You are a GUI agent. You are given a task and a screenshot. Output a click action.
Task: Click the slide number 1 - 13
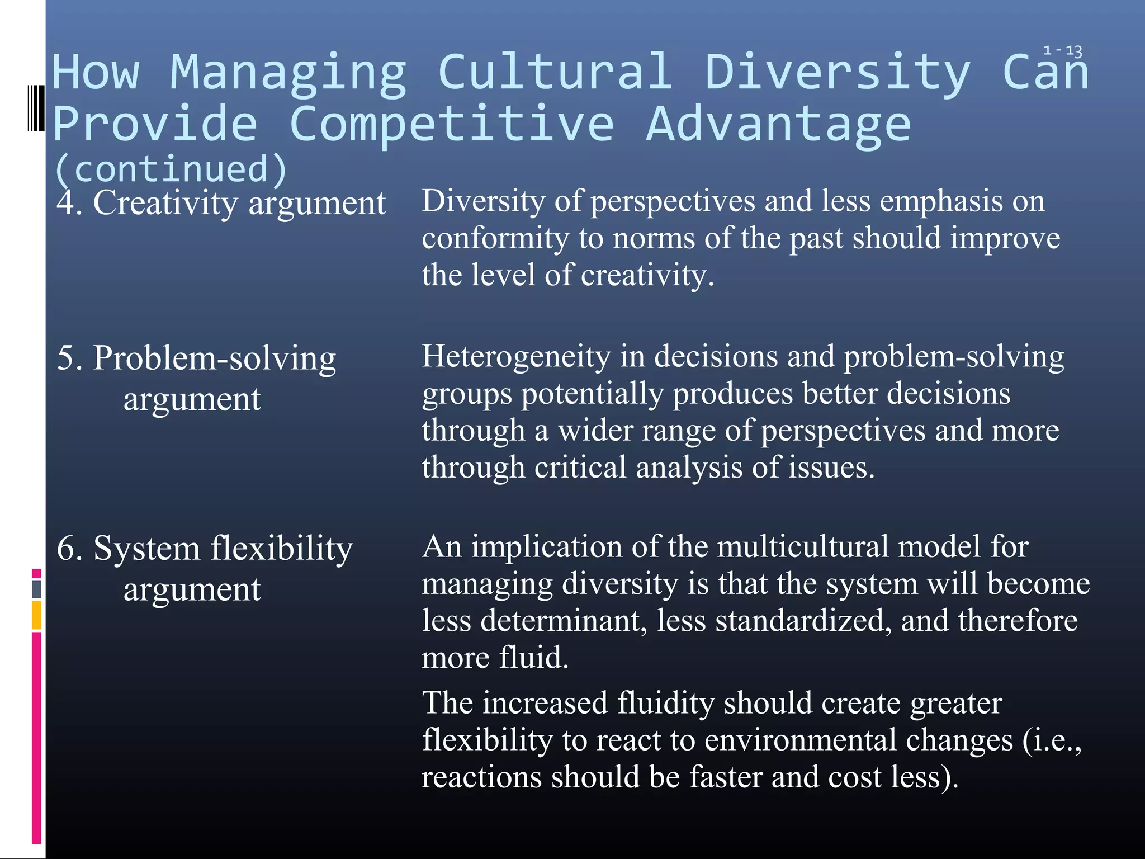coord(1062,51)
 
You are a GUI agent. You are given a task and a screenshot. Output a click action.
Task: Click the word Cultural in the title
coord(555,73)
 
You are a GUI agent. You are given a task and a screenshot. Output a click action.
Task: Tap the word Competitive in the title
coord(452,124)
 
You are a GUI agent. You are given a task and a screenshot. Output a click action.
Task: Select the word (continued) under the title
coord(171,169)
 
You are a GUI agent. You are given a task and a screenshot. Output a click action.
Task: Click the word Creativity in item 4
coord(165,203)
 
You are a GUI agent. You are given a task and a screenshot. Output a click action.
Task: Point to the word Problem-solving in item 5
coord(214,358)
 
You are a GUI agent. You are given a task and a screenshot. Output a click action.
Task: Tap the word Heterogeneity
coord(516,356)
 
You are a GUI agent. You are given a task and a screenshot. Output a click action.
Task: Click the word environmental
coord(858,740)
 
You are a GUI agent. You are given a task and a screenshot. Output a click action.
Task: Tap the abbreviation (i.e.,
coord(1052,740)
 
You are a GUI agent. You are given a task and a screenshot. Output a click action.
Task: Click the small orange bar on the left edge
coord(36,615)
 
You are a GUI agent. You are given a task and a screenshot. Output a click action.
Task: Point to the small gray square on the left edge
coord(36,589)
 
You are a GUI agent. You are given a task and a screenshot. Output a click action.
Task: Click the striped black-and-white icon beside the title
coord(36,108)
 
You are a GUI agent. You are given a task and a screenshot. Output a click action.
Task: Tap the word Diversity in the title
coord(836,73)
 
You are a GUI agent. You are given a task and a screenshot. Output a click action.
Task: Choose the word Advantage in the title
coord(778,124)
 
